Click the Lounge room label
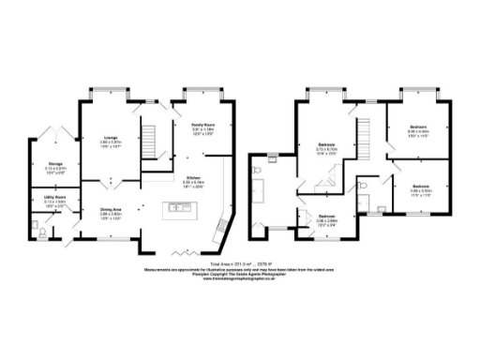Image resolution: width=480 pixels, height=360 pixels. point(109,139)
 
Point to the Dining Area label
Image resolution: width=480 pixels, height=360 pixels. point(112,210)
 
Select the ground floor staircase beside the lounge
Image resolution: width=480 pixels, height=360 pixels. point(146,143)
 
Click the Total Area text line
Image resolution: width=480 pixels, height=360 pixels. point(239,264)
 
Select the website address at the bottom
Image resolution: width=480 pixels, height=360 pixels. point(239,279)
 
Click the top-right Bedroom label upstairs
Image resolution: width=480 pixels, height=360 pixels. point(418,126)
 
